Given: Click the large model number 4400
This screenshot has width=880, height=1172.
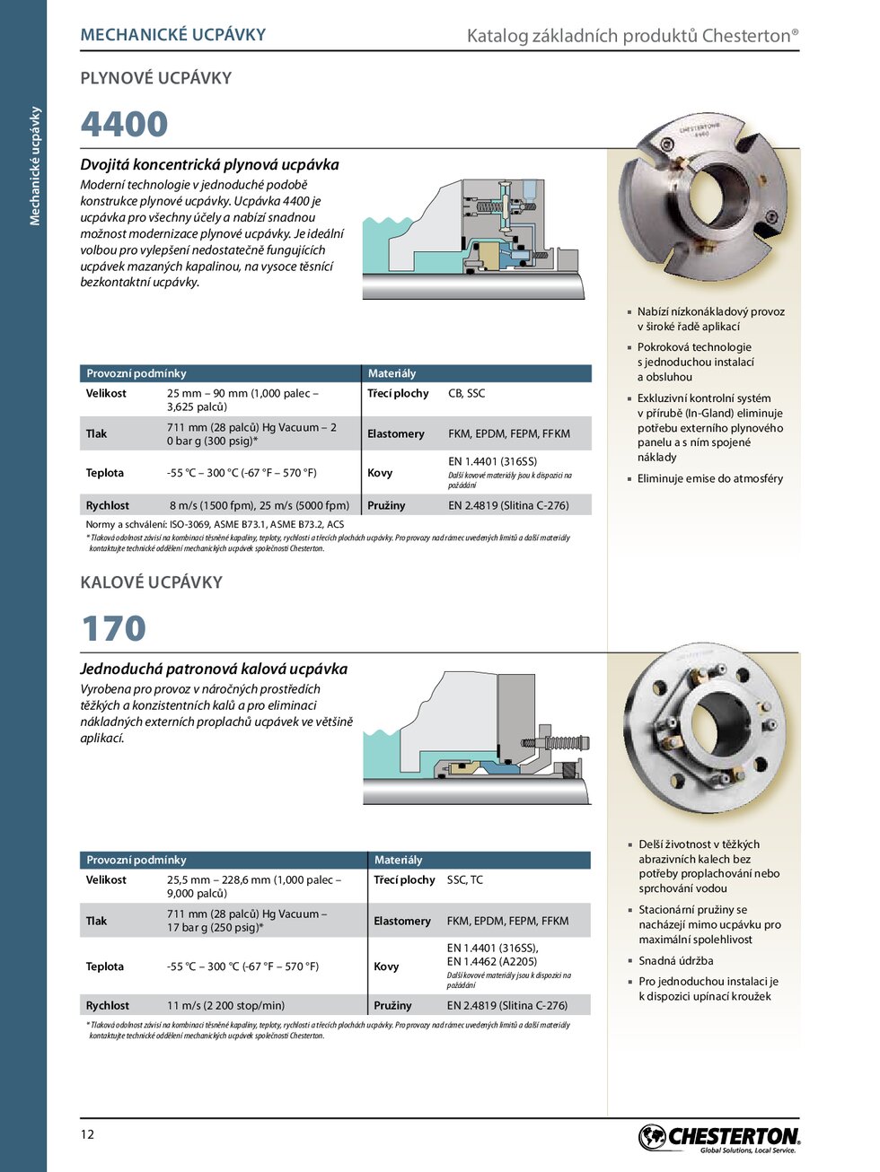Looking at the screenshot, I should coord(124,125).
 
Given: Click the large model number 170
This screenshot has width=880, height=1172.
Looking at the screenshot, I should coord(113,628).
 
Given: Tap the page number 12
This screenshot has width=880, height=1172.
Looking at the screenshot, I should coord(87,1134).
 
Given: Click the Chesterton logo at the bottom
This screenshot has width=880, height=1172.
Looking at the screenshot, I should coord(718,1138).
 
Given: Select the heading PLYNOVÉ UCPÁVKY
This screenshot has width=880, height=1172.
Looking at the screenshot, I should coord(156,78).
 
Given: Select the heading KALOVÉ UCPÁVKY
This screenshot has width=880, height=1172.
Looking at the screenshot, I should coord(152,582).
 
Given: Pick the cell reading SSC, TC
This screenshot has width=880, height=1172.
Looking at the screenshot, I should coord(464,879).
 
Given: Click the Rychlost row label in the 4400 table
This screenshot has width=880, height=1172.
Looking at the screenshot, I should coord(108,505).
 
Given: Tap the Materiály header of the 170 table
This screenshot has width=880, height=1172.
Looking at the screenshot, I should coord(398,860).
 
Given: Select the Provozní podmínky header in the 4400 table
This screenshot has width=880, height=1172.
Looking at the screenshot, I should coord(136,373).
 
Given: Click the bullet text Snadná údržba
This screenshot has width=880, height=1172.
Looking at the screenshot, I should coord(676,960).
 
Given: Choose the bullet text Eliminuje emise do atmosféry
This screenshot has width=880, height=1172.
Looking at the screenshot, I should coord(709,478).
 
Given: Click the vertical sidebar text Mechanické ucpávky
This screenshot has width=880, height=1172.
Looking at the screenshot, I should coord(35,166).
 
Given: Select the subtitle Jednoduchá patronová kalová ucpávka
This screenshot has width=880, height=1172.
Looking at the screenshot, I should coord(214,669).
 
